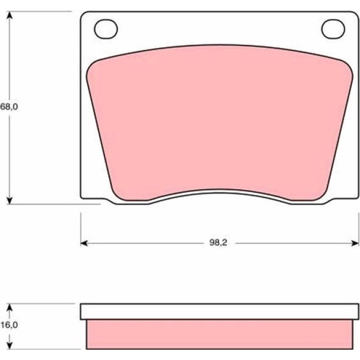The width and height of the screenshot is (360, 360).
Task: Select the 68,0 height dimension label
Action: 9,107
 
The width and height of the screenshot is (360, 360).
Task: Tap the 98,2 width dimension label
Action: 218,243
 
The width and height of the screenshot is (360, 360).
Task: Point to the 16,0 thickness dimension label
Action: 9,325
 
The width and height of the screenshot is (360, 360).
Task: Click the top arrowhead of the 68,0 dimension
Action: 9,15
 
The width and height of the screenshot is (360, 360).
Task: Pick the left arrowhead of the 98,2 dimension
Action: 84,243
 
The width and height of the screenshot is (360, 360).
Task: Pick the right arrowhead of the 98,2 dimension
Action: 355,243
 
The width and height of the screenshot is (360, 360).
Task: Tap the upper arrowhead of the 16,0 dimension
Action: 9,308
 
